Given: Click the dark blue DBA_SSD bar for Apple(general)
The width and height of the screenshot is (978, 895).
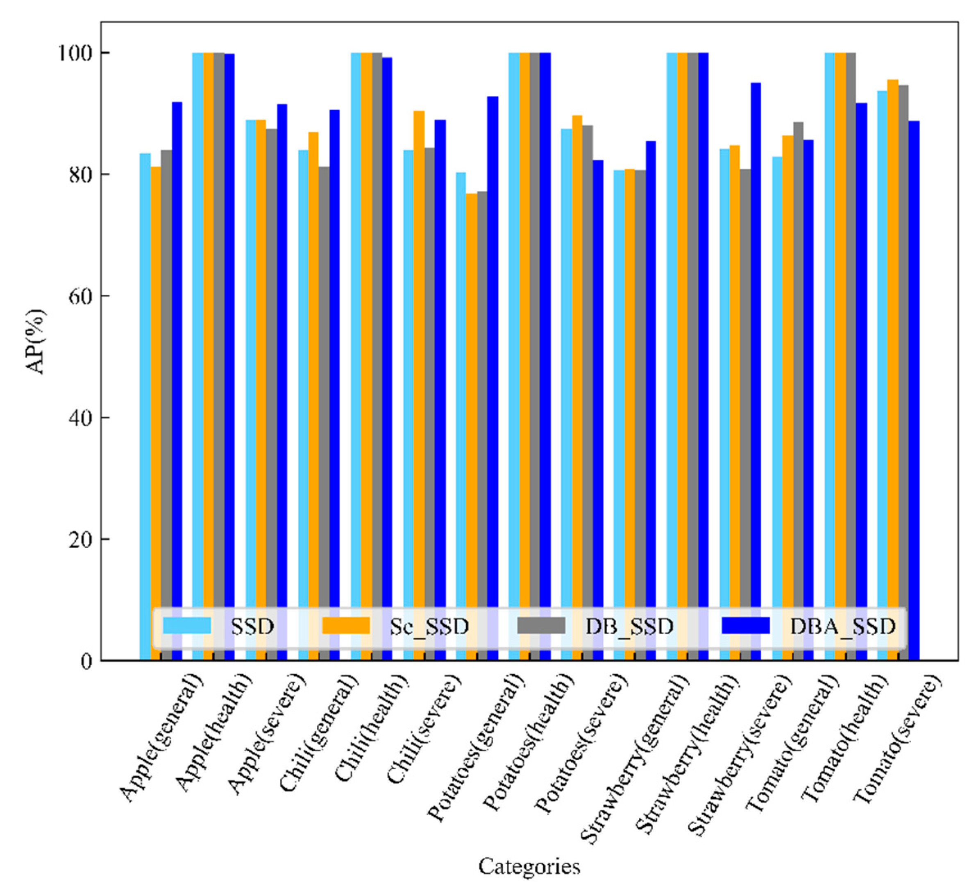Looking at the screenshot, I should (177, 339).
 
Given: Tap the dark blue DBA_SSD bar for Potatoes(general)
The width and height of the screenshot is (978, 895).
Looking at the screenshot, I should (492, 339).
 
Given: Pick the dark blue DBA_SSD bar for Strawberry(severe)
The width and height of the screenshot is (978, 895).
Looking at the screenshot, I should (756, 339).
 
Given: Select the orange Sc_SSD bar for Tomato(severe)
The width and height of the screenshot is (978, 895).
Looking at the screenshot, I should (893, 339).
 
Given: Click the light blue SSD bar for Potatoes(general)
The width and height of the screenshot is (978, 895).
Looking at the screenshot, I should (461, 388).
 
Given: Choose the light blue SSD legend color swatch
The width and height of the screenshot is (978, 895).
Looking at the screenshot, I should (187, 626).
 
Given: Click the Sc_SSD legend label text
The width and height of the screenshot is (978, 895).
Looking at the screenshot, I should (429, 626).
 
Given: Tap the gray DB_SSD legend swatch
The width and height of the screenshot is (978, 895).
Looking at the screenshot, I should (541, 626).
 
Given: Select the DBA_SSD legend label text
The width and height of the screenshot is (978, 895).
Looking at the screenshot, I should (843, 626).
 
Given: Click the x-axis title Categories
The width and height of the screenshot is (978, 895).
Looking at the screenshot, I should (529, 866).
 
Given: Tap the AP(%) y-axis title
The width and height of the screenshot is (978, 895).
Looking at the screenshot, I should (36, 342).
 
